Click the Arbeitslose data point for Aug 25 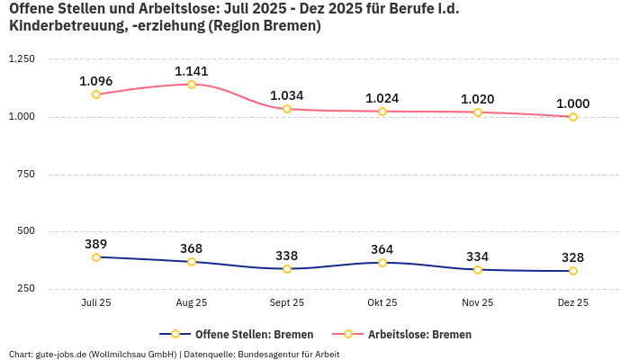tap(192, 85)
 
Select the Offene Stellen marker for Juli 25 tap(96, 257)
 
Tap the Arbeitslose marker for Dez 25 tap(573, 117)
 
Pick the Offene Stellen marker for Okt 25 tap(382, 263)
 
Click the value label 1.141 tap(192, 70)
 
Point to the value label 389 tap(96, 244)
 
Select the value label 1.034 tap(287, 95)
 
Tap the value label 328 tap(573, 256)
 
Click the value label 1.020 tap(478, 99)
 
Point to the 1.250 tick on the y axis tap(21, 59)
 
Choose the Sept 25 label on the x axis tap(287, 303)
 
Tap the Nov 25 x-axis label tap(478, 303)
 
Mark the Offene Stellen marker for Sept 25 tap(287, 269)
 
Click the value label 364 tap(382, 249)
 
